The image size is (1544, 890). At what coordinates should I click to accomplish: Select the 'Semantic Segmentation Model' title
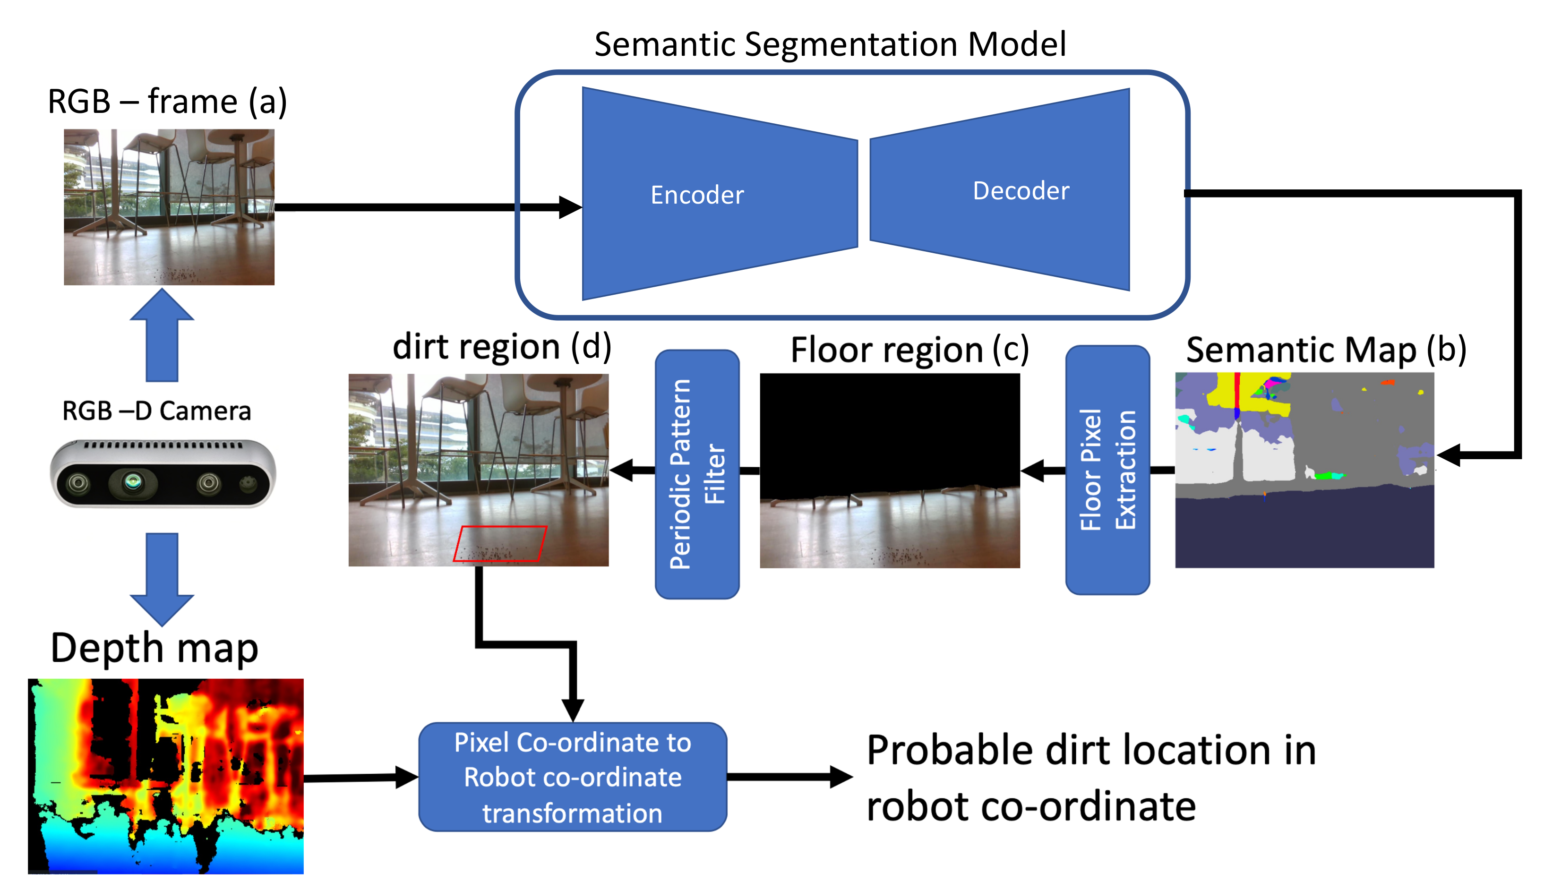click(830, 44)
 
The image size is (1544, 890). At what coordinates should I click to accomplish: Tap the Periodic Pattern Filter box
click(697, 474)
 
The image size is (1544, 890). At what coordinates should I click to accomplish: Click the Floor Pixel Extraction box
click(1107, 470)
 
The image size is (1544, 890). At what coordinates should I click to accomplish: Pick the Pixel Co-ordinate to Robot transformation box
click(572, 777)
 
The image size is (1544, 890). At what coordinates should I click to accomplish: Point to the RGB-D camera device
click(162, 474)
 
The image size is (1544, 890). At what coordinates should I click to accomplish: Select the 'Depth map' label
click(154, 649)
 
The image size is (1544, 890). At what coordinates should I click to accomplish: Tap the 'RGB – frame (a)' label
click(167, 102)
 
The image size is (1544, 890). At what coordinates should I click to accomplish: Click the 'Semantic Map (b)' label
click(1326, 350)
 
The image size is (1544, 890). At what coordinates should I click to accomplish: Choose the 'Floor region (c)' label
click(909, 350)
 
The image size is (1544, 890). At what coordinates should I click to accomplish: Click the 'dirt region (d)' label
click(501, 347)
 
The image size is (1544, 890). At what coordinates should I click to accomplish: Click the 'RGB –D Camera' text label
click(156, 411)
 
